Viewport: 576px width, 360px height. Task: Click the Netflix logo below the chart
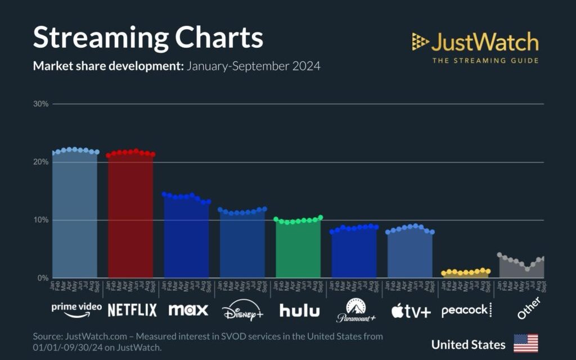[132, 309]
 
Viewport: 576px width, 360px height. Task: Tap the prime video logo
[76, 308]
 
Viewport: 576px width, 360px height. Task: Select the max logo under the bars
[188, 309]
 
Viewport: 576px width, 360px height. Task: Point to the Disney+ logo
[242, 310]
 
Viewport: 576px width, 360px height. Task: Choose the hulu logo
[299, 310]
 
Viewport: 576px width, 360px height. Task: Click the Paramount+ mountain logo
[355, 310]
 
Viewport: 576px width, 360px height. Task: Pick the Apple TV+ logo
[411, 310]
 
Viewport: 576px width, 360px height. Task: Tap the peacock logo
[466, 310]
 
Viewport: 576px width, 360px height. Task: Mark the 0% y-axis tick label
[43, 278]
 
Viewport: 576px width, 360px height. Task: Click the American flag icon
[525, 343]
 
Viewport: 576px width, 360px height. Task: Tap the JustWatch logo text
[484, 42]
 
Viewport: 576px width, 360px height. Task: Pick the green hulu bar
[298, 250]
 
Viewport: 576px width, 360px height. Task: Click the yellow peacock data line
[466, 272]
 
